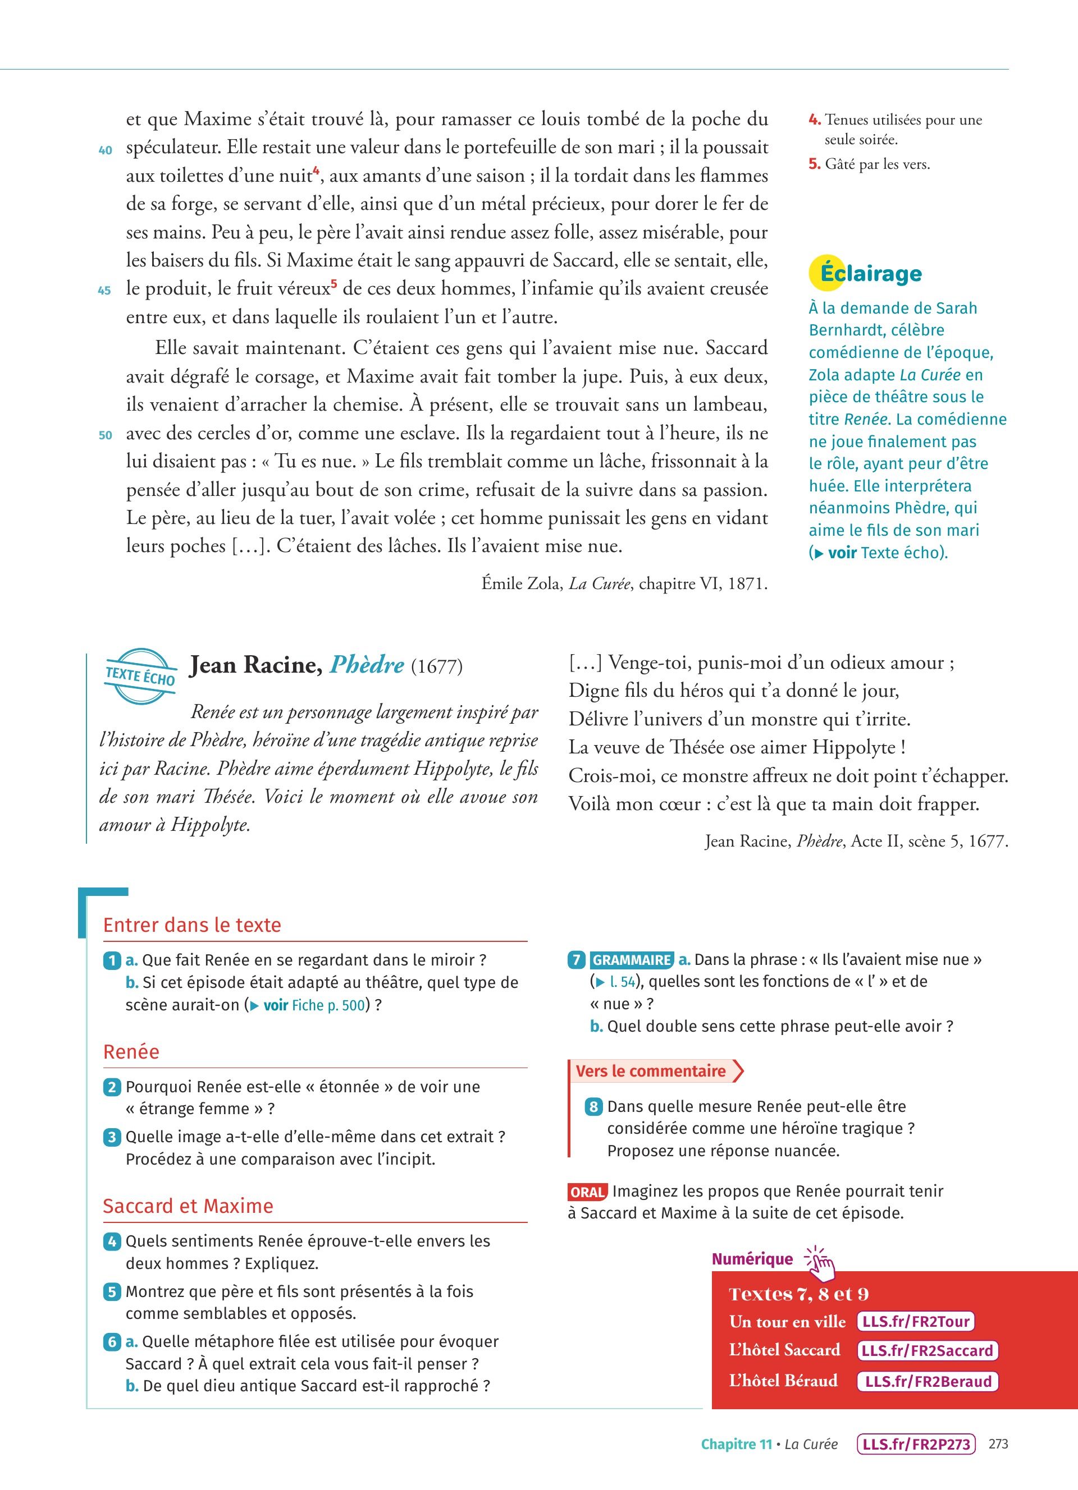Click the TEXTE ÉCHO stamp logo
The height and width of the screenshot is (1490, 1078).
[141, 675]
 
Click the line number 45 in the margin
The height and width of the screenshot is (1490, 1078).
[104, 291]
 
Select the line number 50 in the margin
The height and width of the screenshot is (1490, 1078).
[105, 435]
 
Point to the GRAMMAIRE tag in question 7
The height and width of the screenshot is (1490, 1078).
[631, 960]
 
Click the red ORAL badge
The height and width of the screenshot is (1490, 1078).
[587, 1192]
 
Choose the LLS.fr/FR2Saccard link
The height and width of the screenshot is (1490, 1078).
[928, 1351]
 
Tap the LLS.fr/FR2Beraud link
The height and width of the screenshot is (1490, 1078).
[928, 1381]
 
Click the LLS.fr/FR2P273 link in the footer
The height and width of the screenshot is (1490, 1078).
[916, 1444]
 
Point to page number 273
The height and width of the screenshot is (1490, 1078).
[998, 1444]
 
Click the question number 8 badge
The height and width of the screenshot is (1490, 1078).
[593, 1106]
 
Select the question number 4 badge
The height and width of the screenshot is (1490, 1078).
[112, 1241]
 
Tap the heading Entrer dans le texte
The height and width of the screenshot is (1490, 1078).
[192, 925]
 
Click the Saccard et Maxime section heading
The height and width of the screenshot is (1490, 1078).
[188, 1206]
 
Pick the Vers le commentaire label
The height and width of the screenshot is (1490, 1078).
[651, 1071]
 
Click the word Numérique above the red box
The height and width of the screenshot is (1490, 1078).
[752, 1259]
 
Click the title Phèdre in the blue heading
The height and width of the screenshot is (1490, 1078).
[367, 665]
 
